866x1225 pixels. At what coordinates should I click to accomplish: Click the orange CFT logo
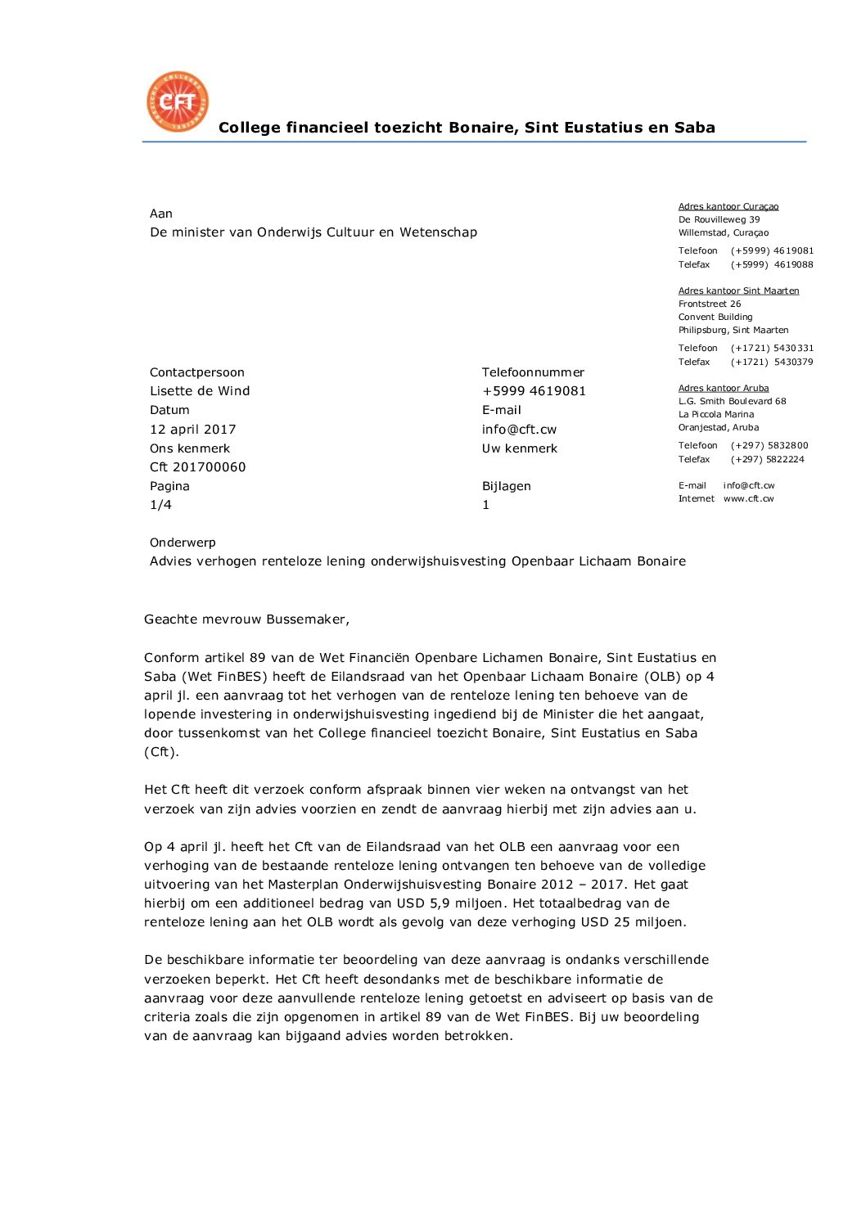click(178, 101)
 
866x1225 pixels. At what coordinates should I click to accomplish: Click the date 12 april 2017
click(192, 430)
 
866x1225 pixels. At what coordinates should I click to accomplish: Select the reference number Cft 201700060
click(197, 467)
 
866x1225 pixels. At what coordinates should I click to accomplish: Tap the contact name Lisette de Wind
click(200, 391)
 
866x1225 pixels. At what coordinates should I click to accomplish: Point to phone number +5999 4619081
click(534, 391)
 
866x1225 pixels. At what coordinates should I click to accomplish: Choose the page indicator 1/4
click(160, 505)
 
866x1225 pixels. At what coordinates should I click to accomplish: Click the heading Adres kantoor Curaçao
click(728, 206)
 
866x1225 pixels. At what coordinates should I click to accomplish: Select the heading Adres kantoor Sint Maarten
click(738, 290)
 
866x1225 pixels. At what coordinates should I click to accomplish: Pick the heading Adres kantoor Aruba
click(723, 388)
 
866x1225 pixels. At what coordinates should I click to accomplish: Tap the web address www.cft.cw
click(748, 498)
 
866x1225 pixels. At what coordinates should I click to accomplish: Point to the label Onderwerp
click(183, 543)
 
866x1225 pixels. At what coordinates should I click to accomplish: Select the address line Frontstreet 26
click(709, 304)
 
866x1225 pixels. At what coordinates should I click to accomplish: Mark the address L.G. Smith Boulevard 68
click(732, 401)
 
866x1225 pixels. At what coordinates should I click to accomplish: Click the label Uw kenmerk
click(519, 448)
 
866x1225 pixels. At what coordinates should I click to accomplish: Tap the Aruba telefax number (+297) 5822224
click(767, 459)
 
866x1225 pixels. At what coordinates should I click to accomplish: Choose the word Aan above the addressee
click(161, 214)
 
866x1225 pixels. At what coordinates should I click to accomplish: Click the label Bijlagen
click(506, 486)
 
